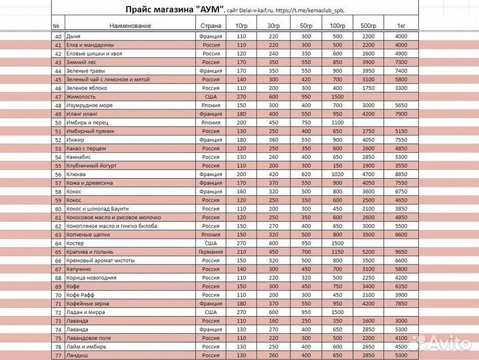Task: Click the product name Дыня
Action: (74, 35)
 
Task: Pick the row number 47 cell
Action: (57, 97)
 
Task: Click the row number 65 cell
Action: (57, 252)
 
